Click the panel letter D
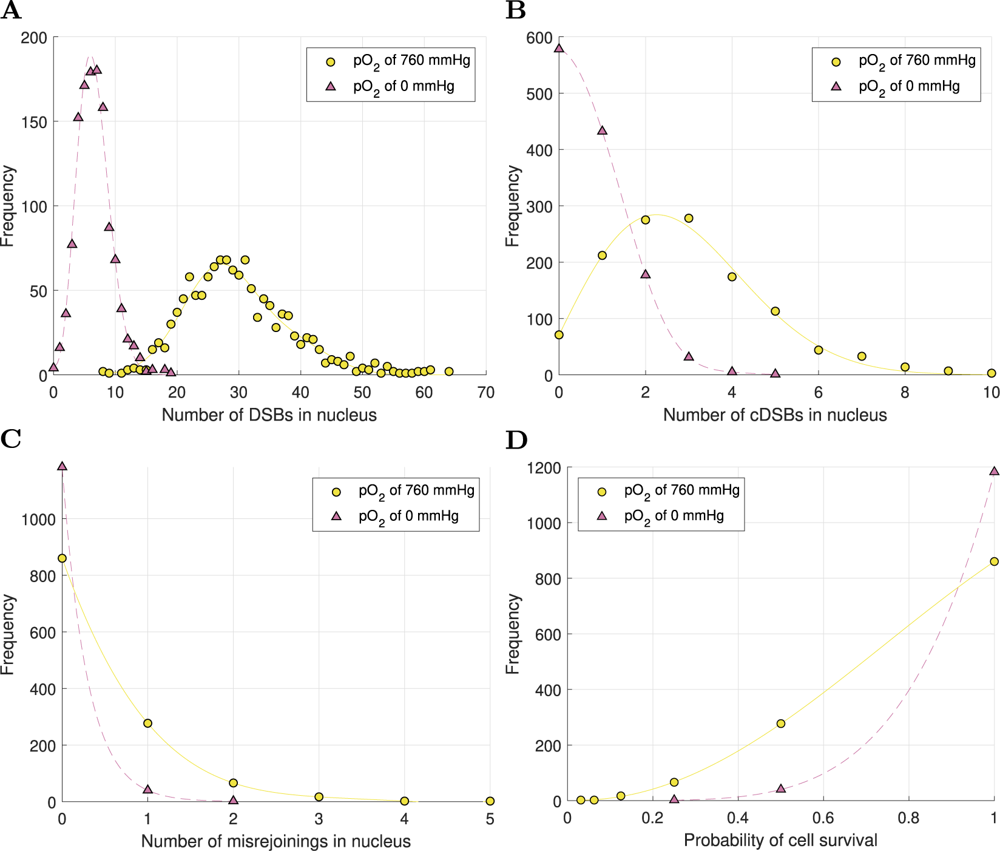pyautogui.click(x=516, y=440)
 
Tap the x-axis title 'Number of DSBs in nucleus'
pyautogui.click(x=269, y=415)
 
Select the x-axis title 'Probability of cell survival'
pyautogui.click(x=780, y=840)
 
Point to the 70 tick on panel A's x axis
pyautogui.click(x=485, y=393)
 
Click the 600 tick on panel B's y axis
pyautogui.click(x=539, y=38)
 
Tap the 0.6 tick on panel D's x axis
pyautogui.click(x=823, y=818)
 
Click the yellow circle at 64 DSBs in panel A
pyautogui.click(x=449, y=371)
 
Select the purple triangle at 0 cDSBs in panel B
pyautogui.click(x=559, y=48)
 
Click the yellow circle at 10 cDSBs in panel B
pyautogui.click(x=992, y=373)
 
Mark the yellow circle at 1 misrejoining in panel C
pyautogui.click(x=147, y=723)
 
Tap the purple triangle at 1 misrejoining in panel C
pyautogui.click(x=147, y=789)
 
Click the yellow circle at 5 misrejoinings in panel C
pyautogui.click(x=490, y=801)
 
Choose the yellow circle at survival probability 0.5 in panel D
pyautogui.click(x=781, y=724)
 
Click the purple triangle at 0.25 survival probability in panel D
pyautogui.click(x=674, y=799)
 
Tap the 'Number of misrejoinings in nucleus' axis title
pyautogui.click(x=275, y=841)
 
